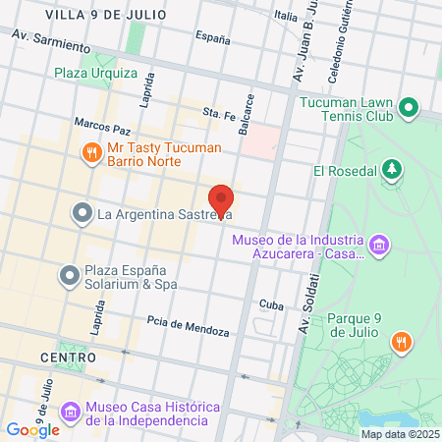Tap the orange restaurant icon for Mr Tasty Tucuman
tap(90, 152)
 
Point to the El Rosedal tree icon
tap(392, 170)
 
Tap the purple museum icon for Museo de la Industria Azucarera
tap(379, 243)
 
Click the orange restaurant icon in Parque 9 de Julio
tap(400, 342)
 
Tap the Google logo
tap(32, 429)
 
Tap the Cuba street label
tap(271, 304)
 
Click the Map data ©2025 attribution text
tap(399, 434)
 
